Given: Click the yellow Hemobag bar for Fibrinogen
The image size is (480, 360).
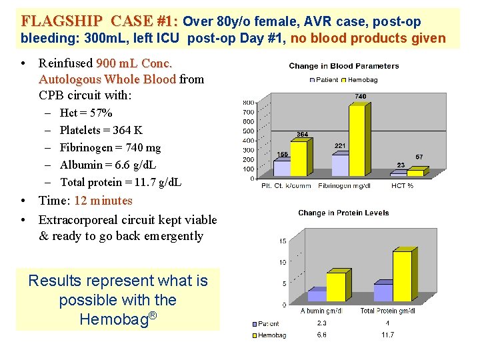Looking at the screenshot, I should (357, 140).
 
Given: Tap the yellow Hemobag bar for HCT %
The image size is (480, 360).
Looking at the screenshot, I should (414, 173).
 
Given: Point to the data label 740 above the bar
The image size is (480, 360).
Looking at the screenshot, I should (360, 97).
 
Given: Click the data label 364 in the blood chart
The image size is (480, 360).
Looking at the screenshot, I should (302, 135).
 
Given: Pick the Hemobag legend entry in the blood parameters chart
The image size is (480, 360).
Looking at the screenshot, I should (361, 79).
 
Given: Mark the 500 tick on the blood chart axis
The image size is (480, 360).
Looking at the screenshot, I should (247, 131).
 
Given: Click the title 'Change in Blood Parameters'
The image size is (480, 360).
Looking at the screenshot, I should (343, 66).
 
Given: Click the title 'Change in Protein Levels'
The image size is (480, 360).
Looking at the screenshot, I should (343, 213).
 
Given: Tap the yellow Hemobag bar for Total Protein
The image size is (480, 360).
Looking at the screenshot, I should (402, 276).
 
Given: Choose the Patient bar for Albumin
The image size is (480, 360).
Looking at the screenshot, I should (316, 295).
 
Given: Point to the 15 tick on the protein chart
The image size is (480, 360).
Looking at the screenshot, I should (283, 241).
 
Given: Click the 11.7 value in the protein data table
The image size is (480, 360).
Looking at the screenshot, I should (387, 335).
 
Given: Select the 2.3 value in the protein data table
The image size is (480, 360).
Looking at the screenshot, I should (322, 323).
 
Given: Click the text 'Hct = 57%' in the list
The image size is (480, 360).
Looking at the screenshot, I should (86, 113).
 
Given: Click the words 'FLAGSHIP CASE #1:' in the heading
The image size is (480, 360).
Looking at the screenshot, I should (99, 21).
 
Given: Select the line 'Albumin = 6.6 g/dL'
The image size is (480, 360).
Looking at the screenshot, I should (108, 165).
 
